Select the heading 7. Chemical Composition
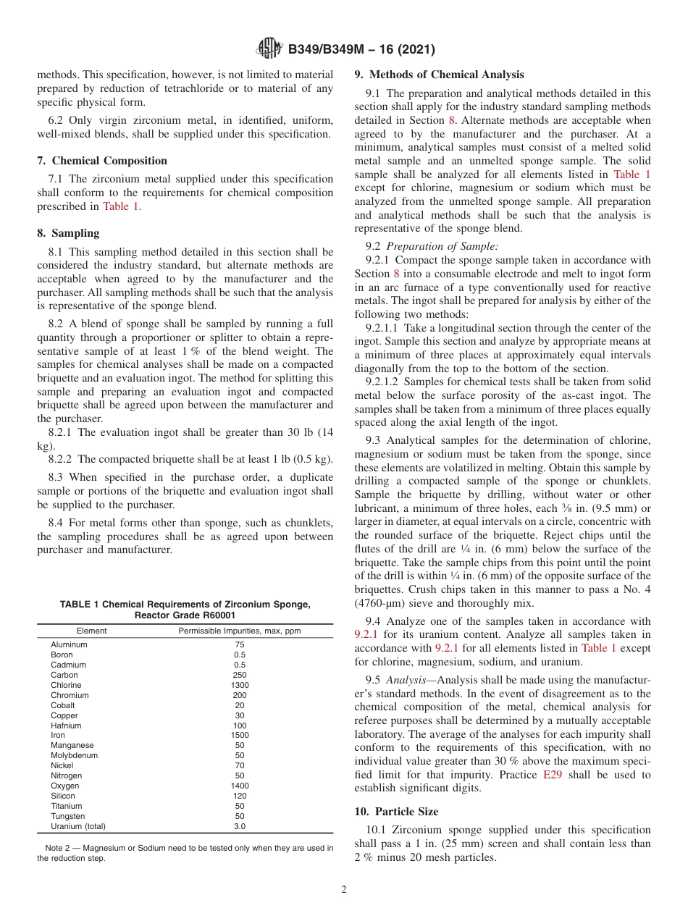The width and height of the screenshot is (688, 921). point(102,161)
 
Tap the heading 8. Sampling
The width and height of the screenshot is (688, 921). point(68,233)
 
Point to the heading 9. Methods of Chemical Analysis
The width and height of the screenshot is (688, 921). point(439,75)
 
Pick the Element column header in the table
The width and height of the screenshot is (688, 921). point(91,631)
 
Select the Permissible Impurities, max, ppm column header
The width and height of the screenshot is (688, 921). point(240,631)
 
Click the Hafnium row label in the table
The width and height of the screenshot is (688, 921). point(66,725)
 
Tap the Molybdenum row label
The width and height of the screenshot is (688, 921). point(71,755)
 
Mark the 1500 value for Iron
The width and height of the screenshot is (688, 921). point(240,735)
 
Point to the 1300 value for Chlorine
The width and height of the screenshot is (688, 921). point(240,685)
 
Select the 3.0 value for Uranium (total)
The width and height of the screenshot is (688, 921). point(240,826)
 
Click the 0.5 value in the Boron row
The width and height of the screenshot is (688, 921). point(240,655)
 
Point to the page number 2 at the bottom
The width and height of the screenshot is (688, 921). point(344,890)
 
